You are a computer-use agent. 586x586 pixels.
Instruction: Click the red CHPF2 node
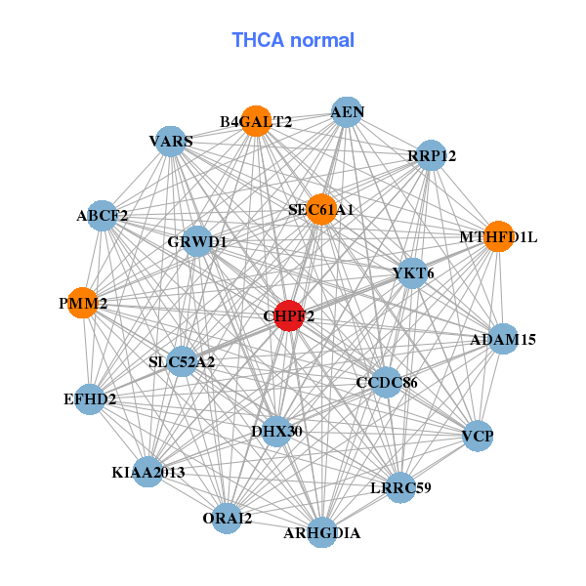click(x=288, y=316)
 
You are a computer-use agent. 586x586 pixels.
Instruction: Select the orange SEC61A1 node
click(x=321, y=210)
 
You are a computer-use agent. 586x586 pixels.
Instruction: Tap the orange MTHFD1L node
click(x=498, y=236)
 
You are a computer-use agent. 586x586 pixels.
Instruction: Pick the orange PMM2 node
click(x=83, y=304)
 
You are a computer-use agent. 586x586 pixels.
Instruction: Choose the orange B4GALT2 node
click(x=256, y=121)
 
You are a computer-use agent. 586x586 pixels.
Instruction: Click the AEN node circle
click(x=347, y=112)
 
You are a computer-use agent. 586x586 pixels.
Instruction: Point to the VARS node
click(x=171, y=141)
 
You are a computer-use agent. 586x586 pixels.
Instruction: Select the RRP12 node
click(x=431, y=155)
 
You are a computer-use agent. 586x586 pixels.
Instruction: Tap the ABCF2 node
click(x=103, y=215)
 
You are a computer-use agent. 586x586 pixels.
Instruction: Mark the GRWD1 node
click(x=197, y=241)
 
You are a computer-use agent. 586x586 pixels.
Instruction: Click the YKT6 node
click(x=412, y=273)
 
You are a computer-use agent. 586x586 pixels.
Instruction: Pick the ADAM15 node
click(x=503, y=340)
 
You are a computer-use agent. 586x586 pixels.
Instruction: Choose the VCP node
click(x=478, y=435)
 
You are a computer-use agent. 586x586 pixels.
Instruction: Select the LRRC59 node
click(x=400, y=486)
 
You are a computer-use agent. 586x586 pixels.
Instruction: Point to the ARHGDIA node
click(x=322, y=532)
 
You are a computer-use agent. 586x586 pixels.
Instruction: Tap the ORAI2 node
click(x=227, y=519)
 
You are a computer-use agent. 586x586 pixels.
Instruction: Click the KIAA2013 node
click(x=148, y=472)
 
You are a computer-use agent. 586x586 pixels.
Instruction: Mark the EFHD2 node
click(x=89, y=398)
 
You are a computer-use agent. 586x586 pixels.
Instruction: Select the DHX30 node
click(x=276, y=431)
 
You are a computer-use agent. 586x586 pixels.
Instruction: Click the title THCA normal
click(x=293, y=40)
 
